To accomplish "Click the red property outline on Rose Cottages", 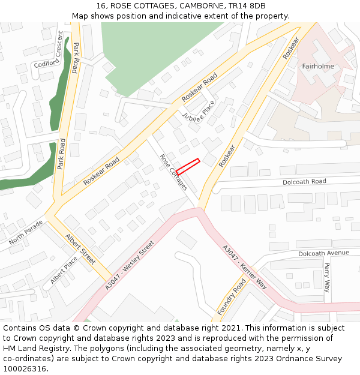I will tap(187, 166).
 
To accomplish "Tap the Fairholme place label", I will tap(318, 66).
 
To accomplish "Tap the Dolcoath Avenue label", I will tap(323, 253).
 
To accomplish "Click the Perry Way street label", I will tap(327, 277).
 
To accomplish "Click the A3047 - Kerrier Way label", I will tap(245, 267).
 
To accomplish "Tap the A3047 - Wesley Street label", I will tap(130, 265).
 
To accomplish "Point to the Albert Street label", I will tap(80, 249).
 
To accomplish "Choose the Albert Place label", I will tap(64, 271).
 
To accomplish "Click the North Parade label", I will tap(26, 232).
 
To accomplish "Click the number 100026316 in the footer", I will tap(25, 368).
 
